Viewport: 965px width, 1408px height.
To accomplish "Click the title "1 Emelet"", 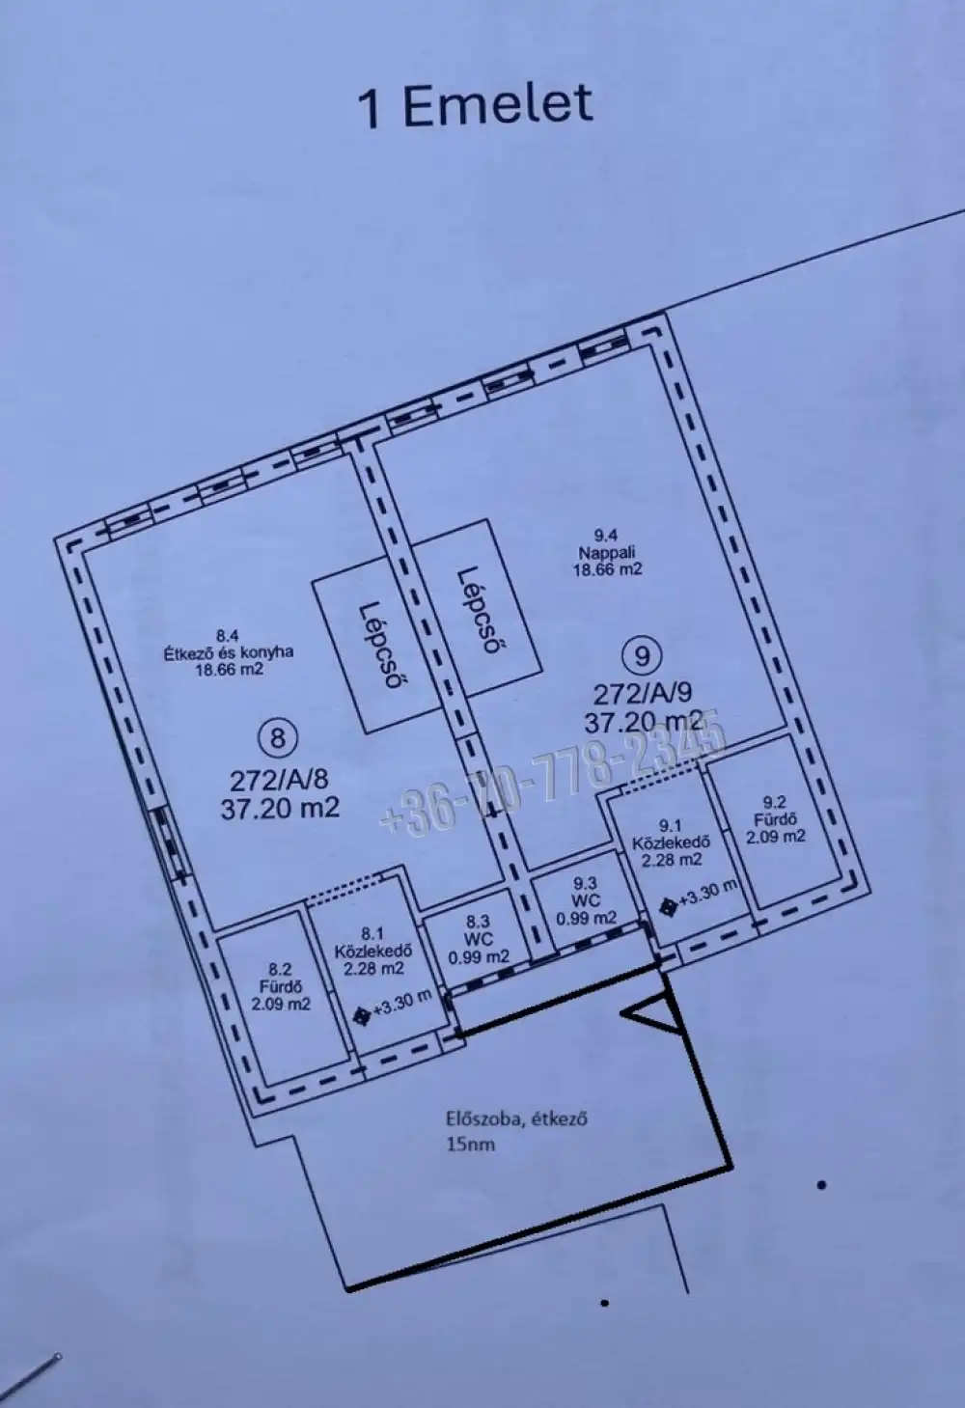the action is (475, 106).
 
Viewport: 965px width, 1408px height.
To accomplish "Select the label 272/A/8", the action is (279, 781).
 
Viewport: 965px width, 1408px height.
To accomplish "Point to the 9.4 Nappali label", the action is (607, 553).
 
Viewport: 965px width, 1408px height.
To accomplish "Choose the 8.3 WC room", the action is (479, 939).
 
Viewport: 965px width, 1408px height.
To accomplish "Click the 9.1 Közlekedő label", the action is (672, 842).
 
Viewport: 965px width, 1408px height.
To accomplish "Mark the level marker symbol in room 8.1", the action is (362, 1016).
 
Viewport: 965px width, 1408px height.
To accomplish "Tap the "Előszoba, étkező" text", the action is (517, 1118).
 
